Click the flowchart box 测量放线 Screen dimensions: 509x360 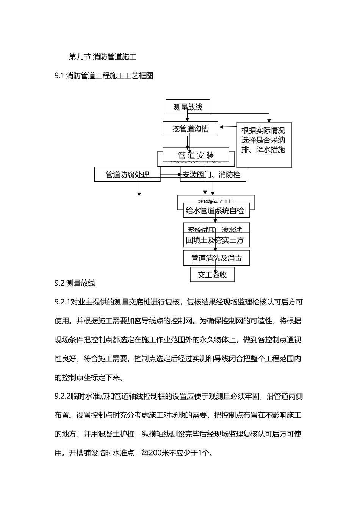point(188,107)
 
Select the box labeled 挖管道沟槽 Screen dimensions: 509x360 point(190,129)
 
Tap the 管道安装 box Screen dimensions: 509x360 point(196,155)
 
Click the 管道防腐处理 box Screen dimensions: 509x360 point(127,175)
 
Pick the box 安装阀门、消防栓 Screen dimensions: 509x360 point(213,175)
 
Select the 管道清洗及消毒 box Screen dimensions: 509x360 point(216,258)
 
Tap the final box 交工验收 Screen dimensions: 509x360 point(212,275)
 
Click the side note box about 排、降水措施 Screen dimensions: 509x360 point(264,144)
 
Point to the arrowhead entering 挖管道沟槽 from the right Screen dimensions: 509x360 point(222,127)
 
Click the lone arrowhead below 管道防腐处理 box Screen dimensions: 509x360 point(139,194)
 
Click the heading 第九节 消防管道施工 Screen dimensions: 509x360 point(102,57)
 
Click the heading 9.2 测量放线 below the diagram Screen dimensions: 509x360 point(75,283)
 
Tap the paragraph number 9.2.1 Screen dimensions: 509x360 point(63,302)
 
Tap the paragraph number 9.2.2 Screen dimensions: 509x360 point(63,397)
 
